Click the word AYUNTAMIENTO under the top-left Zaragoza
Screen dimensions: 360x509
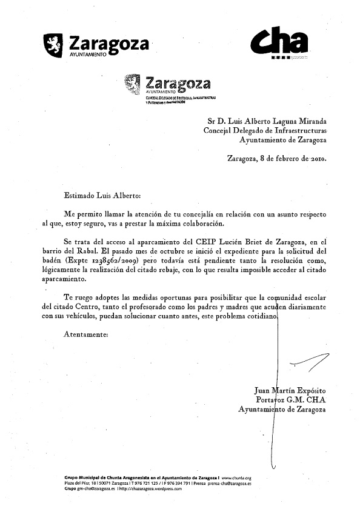pyautogui.click(x=85, y=55)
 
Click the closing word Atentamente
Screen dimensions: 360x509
pyautogui.click(x=85, y=334)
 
